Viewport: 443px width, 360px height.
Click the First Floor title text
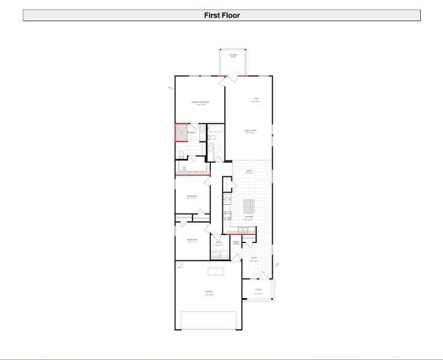point(221,16)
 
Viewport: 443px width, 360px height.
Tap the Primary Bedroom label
point(200,103)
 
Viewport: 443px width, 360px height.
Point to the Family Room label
point(250,131)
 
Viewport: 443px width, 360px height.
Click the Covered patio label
point(233,56)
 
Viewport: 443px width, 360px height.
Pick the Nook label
point(249,172)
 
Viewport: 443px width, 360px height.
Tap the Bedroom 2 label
point(192,196)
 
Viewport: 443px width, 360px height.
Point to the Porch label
point(258,290)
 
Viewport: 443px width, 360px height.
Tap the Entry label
point(254,259)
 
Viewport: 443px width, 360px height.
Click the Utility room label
point(219,244)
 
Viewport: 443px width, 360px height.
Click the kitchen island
point(249,206)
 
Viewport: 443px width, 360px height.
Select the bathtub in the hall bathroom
point(216,128)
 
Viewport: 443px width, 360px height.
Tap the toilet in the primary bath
point(182,154)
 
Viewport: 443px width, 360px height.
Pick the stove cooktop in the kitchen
point(227,214)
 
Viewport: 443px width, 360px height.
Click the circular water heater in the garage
point(179,265)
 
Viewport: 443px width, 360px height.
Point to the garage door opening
point(209,320)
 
